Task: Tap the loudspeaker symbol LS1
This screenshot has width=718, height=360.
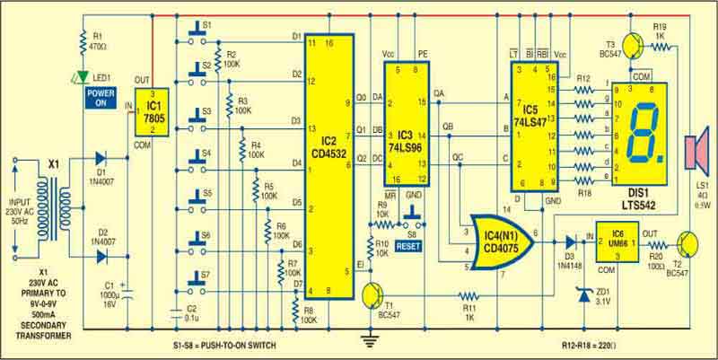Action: [x=693, y=152]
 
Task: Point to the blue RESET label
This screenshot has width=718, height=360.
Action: [x=407, y=244]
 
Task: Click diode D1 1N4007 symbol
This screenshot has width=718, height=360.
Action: [x=102, y=162]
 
